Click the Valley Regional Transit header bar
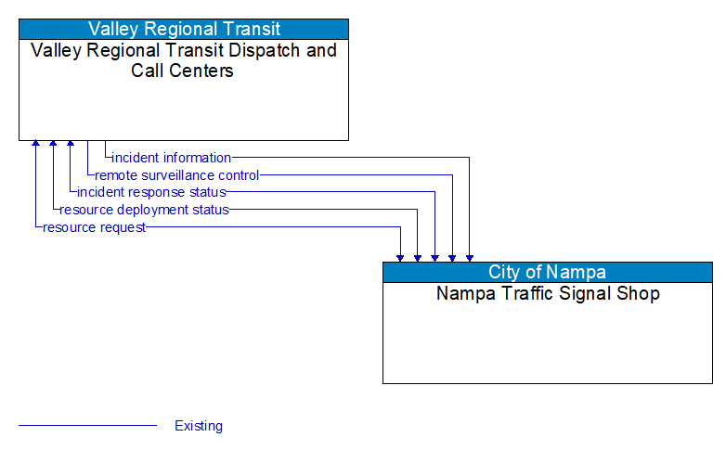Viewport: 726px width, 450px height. [183, 29]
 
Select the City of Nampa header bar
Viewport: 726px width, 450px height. [547, 272]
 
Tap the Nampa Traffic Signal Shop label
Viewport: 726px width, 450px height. [548, 294]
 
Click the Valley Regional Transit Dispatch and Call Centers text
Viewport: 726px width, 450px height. [183, 60]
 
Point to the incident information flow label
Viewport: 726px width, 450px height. [171, 158]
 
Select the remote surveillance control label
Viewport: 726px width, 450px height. [176, 175]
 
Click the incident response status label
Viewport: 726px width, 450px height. [151, 192]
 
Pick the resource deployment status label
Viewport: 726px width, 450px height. [144, 210]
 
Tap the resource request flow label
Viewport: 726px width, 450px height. [94, 227]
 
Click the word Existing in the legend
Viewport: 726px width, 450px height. [199, 426]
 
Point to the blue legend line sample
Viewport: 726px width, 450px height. [87, 426]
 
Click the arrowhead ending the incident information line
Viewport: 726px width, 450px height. [470, 257]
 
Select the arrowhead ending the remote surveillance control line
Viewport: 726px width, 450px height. [452, 257]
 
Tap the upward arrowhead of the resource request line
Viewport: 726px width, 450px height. [35, 146]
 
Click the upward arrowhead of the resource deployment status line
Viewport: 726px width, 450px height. [53, 146]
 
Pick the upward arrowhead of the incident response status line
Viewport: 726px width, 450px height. [71, 146]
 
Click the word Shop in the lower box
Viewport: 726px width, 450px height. [639, 294]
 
